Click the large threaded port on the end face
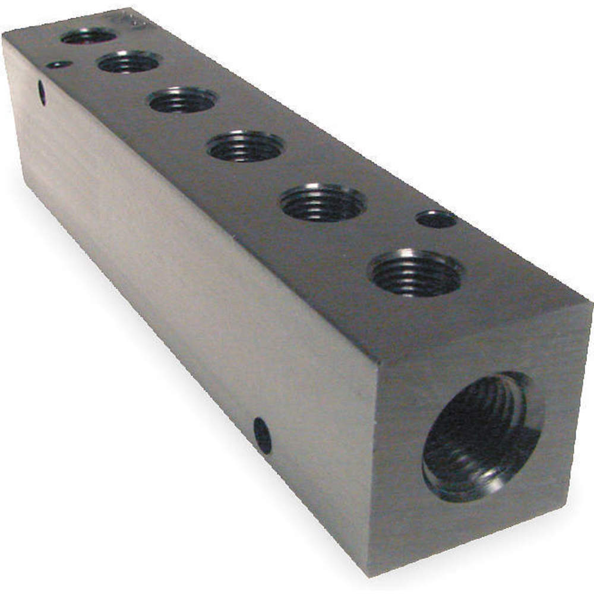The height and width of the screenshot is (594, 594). coord(481,437)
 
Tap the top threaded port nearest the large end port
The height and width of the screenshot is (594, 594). coord(416,273)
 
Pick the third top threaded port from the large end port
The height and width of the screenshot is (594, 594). coord(246,146)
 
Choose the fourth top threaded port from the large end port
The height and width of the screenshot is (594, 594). coord(182,100)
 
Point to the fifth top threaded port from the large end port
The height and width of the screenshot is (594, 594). coord(129,62)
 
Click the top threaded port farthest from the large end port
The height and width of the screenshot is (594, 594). coord(89,36)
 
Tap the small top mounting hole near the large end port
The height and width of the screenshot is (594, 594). coord(437,219)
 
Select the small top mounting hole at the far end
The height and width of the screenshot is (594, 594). coord(59,64)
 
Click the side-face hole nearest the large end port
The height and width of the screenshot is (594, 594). coord(262,435)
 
